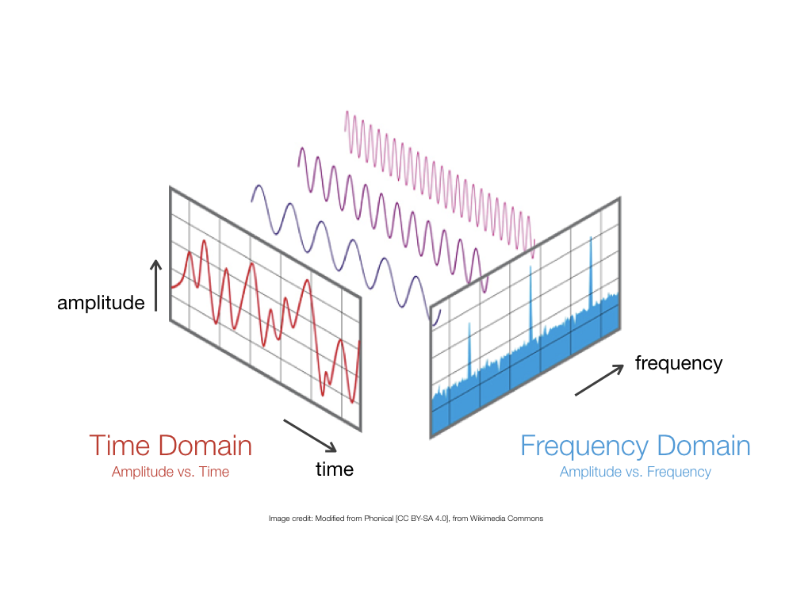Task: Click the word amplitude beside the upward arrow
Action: click(x=101, y=303)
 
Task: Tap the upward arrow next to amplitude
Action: click(x=156, y=285)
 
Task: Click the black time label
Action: click(x=335, y=469)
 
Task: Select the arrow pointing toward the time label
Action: click(x=310, y=435)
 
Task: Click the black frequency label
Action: click(x=679, y=363)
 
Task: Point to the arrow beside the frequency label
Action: click(x=599, y=380)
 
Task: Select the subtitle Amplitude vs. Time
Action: click(x=170, y=472)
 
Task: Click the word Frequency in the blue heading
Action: click(x=584, y=446)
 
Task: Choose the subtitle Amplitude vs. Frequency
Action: click(x=635, y=473)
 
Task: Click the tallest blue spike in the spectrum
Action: click(x=591, y=272)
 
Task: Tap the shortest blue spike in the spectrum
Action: click(x=469, y=350)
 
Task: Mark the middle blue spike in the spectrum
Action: click(x=530, y=303)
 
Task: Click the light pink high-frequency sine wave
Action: click(x=439, y=184)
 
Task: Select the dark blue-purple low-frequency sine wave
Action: click(x=346, y=255)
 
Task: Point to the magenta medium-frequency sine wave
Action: click(x=393, y=220)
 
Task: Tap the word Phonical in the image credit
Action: click(x=378, y=519)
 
